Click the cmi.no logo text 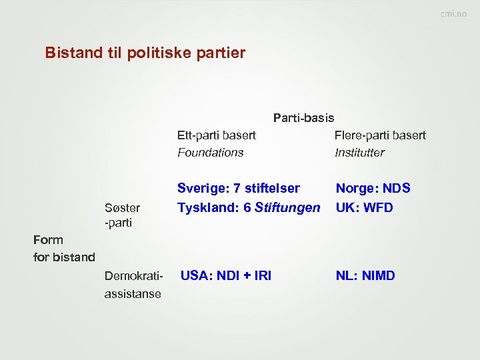pos(453,14)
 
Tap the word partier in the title pos(223,53)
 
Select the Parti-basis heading pos(303,118)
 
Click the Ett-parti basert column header pos(216,135)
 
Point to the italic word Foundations pos(210,153)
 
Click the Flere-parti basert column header pos(380,135)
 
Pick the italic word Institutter pos(359,153)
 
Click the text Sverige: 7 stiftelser pos(238,189)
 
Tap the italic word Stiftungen pos(287,207)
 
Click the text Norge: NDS pos(373,189)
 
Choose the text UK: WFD pos(364,207)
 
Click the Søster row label pos(122,208)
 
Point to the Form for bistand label pos(64,248)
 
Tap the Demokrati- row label pos(133,276)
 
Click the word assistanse pos(133,293)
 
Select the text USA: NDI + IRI pos(226,275)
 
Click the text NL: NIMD pos(365,275)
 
